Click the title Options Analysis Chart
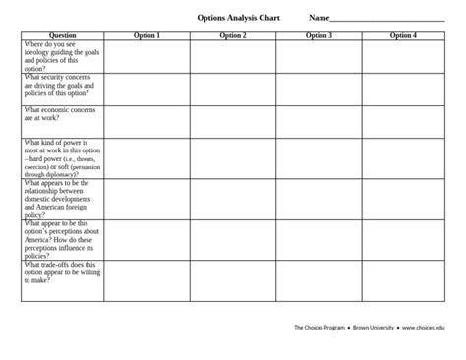point(232,18)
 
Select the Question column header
point(62,35)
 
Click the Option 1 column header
point(146,35)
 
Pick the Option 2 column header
point(233,35)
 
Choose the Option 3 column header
point(319,35)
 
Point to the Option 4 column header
point(402,35)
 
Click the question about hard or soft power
point(61,158)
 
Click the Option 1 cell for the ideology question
point(146,56)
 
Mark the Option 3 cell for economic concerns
point(319,121)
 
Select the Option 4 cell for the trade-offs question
point(403,280)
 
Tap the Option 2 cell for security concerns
point(233,89)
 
